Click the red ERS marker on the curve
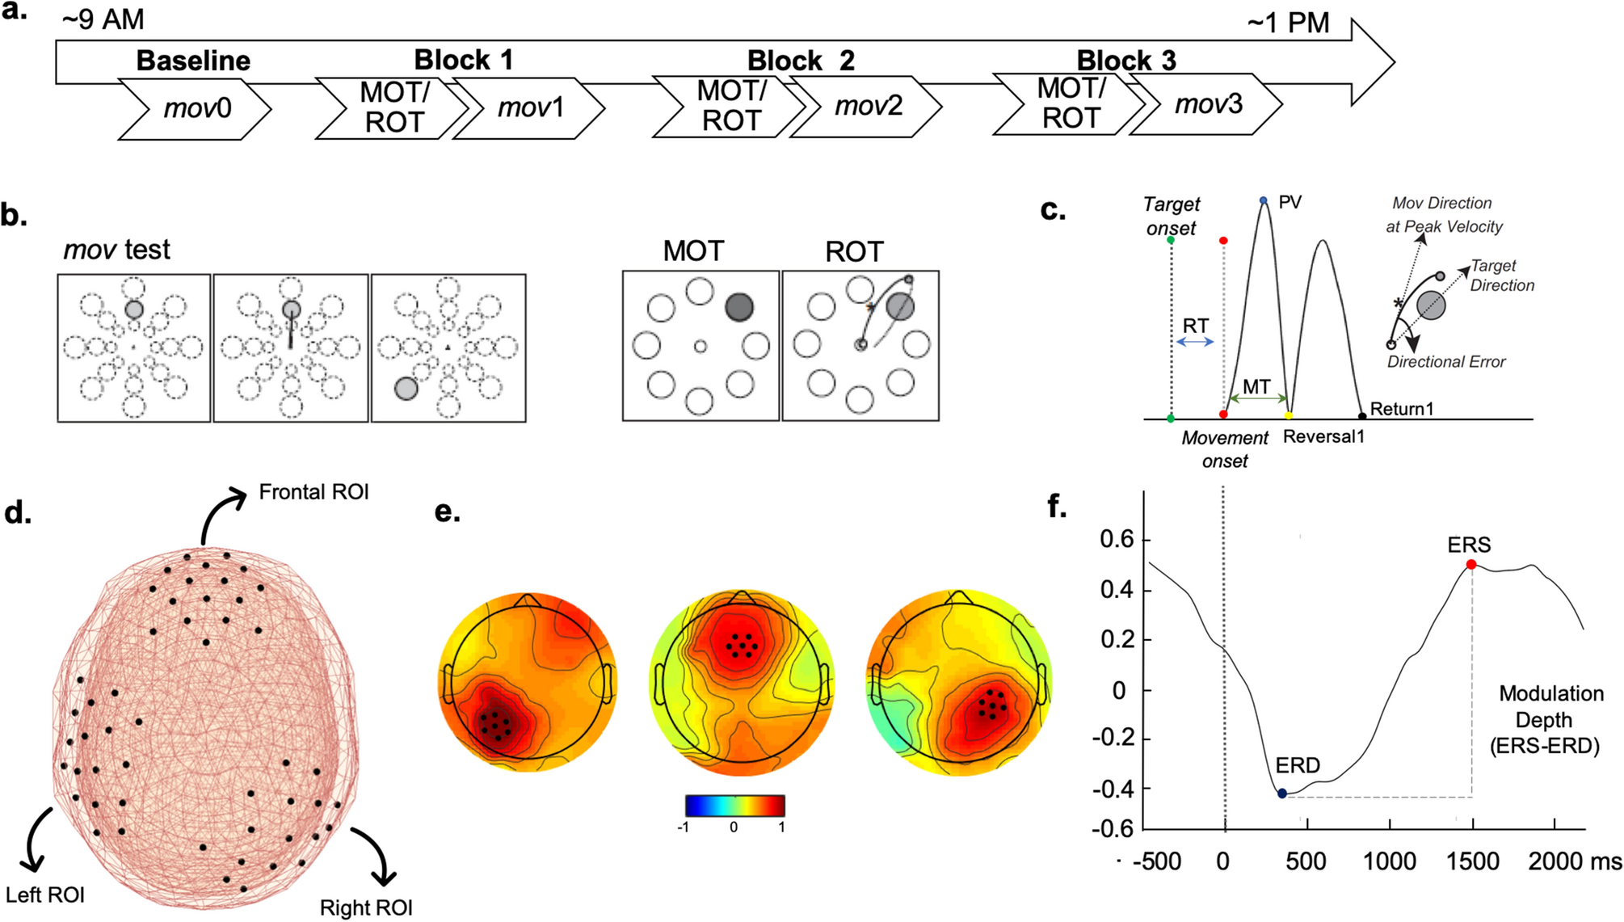click(x=1471, y=564)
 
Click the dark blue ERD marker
click(x=1282, y=794)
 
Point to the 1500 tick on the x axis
click(x=1473, y=861)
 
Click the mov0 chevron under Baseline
click(x=196, y=107)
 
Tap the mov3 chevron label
click(x=1208, y=104)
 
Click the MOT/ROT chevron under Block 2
click(x=730, y=105)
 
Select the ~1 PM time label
click(x=1288, y=23)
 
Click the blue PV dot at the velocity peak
click(x=1264, y=200)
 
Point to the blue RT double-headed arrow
click(x=1195, y=342)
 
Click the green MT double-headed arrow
click(x=1256, y=398)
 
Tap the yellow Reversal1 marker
click(x=1289, y=415)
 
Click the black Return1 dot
click(x=1362, y=416)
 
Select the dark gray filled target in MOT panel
click(x=739, y=307)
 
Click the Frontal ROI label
click(x=313, y=491)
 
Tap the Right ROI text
click(x=366, y=907)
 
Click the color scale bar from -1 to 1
click(x=734, y=806)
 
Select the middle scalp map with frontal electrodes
click(x=742, y=683)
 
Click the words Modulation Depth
click(x=1550, y=706)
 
